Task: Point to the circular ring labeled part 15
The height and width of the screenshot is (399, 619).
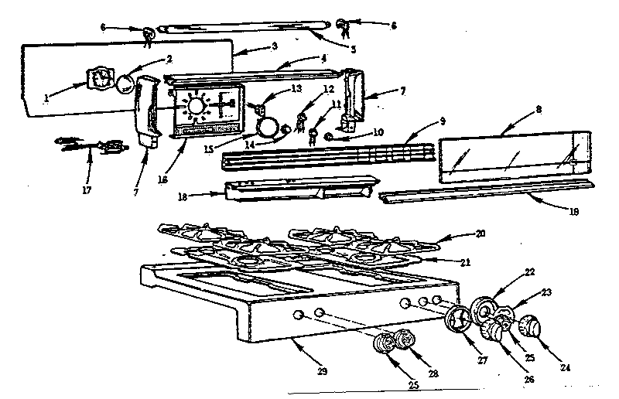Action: pos(267,126)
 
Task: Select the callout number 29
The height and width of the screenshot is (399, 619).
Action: pos(322,372)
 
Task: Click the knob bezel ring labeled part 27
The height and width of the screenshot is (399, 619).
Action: pos(458,319)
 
